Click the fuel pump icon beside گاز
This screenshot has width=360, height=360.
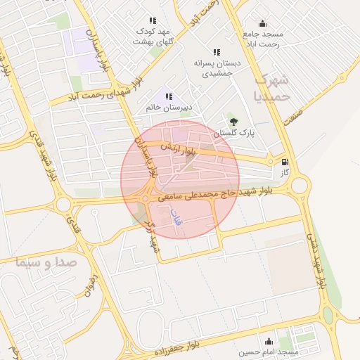point(284,162)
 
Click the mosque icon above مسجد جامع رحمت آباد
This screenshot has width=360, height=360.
point(263,23)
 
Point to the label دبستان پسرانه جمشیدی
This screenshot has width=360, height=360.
point(221,67)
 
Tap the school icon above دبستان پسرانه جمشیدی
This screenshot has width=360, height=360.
point(217,52)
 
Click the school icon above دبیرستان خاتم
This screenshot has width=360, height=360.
point(168,96)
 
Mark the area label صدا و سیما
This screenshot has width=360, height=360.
point(49,262)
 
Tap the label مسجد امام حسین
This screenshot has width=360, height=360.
point(268,351)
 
